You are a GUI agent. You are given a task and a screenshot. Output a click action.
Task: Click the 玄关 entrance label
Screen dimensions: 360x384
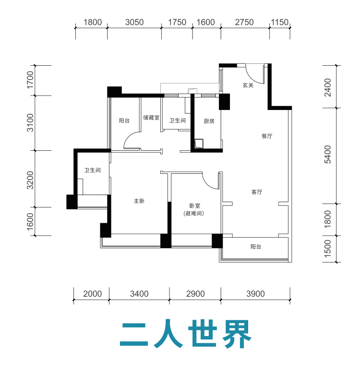tap(248, 85)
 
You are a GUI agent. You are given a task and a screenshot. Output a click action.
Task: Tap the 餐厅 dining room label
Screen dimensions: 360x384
tap(267, 136)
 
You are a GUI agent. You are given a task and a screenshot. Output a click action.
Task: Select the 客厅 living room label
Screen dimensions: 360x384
tap(257, 192)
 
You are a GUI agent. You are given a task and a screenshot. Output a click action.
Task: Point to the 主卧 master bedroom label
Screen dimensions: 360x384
tap(139, 201)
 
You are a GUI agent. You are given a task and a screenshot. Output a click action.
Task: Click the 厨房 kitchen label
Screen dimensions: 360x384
tap(209, 121)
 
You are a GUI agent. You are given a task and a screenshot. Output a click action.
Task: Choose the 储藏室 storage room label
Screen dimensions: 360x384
tap(151, 118)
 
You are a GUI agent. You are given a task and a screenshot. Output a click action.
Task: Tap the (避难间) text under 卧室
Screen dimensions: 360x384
tap(194, 213)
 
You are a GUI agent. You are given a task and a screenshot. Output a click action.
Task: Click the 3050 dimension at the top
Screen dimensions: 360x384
tap(134, 22)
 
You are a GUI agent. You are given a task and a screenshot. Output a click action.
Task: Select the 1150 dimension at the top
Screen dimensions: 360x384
tap(280, 22)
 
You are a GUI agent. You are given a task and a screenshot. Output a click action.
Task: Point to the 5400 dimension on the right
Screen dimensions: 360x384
tap(327, 154)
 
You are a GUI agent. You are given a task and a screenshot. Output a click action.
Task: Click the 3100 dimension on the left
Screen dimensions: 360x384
tap(30, 122)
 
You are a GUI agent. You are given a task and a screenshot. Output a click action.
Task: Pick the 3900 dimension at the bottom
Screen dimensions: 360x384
tap(255, 294)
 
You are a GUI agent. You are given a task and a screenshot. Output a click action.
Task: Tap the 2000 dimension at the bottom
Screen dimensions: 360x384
tap(92, 294)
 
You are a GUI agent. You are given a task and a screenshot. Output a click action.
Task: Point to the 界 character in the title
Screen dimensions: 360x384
tap(237, 334)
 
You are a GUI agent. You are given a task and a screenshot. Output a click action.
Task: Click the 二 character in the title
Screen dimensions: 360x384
tap(134, 334)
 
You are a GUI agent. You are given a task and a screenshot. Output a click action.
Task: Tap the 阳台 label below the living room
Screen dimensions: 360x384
tap(256, 247)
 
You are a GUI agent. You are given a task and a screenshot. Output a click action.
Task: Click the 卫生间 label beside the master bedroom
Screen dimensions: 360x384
tap(93, 170)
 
